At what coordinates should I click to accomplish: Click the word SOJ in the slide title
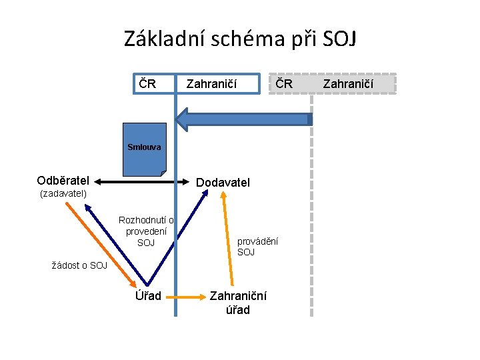(339, 39)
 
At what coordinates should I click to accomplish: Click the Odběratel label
(63, 181)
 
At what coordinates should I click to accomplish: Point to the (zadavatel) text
(63, 194)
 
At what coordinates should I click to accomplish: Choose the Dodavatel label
(223, 182)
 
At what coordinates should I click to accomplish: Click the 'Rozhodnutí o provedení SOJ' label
(146, 231)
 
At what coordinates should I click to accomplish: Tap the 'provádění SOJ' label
(257, 247)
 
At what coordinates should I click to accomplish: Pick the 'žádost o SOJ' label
(79, 265)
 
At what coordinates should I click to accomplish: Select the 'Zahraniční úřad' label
(238, 303)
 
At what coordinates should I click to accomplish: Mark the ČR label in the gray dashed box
(284, 84)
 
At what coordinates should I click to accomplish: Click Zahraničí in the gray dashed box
(349, 84)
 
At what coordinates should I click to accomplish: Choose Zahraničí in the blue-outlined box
(211, 84)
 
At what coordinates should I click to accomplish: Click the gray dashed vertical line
(312, 213)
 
